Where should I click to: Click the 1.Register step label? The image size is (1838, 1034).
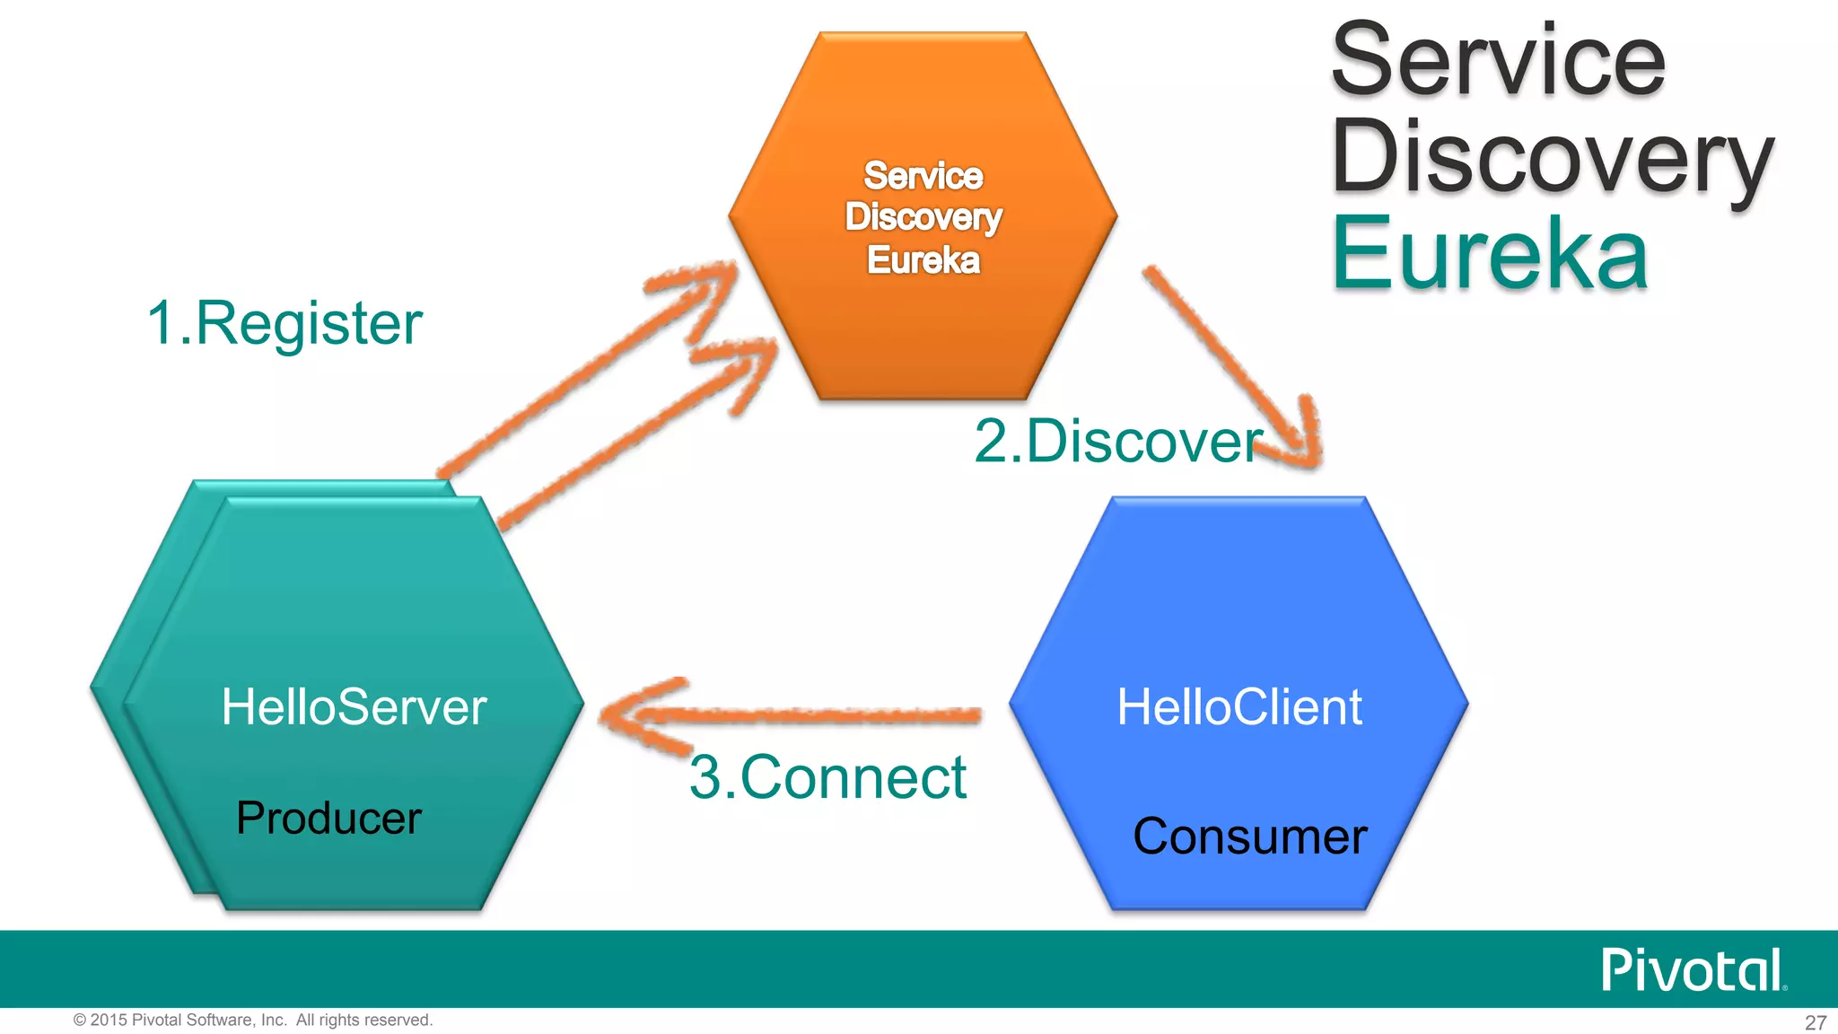(x=284, y=323)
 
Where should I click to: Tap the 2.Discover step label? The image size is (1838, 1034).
(x=1118, y=442)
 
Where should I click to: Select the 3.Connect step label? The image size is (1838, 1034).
(x=827, y=777)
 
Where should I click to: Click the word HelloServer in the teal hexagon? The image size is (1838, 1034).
(x=354, y=707)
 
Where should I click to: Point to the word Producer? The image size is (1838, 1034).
(x=328, y=818)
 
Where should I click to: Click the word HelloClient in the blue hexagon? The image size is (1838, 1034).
(x=1239, y=707)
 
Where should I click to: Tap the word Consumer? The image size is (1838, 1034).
(x=1249, y=837)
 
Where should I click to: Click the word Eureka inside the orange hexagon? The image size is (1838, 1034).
(x=923, y=260)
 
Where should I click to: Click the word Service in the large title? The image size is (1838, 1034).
(x=1498, y=61)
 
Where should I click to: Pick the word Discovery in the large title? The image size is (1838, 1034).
(x=1552, y=158)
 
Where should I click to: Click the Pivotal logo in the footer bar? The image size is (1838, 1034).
(x=1693, y=970)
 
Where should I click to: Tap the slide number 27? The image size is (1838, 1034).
(x=1815, y=1022)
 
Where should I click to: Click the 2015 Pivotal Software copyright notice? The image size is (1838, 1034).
(x=253, y=1020)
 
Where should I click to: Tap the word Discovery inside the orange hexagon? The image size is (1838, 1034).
(x=923, y=217)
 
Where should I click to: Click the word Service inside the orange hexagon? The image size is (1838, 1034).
(x=923, y=176)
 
